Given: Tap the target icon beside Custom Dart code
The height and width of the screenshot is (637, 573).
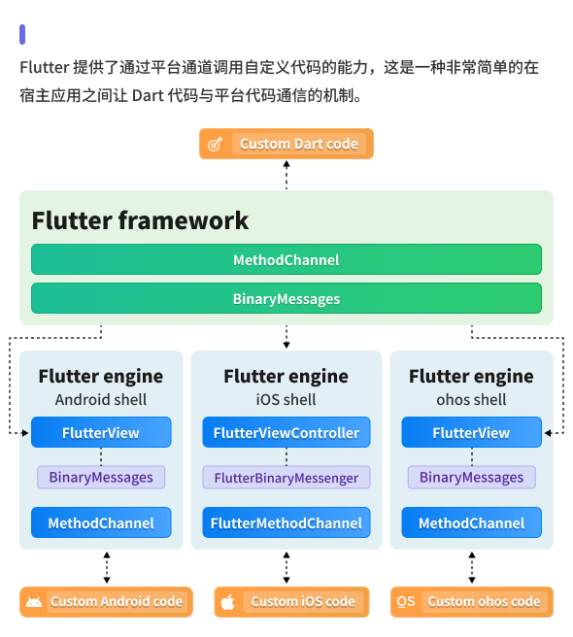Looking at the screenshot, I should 216,144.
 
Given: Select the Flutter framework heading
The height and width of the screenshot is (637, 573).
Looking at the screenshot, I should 140,220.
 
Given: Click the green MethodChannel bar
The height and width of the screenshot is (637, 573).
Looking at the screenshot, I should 286,260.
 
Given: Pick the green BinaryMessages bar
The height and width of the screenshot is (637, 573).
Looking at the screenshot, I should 286,299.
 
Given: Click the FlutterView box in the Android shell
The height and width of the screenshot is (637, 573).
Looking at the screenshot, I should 101,433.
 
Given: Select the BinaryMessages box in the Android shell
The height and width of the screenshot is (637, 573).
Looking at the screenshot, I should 101,478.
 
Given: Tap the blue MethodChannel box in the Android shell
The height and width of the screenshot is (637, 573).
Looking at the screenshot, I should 101,523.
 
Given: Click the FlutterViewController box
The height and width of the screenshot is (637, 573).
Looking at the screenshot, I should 286,433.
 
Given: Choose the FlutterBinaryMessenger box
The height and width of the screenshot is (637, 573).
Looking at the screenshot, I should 286,478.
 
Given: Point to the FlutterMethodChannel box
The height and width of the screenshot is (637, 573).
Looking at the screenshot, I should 286,523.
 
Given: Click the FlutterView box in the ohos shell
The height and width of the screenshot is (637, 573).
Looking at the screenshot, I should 471,433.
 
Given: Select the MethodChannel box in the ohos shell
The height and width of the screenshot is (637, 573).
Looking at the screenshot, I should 471,523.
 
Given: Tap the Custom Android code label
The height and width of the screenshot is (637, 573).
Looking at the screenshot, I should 117,602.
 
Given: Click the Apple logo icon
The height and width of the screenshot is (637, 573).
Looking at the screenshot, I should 227,602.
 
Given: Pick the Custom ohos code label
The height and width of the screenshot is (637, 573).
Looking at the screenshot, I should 484,602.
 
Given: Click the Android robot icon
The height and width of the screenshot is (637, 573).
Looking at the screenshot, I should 34,602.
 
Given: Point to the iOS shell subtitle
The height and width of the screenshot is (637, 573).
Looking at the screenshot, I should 286,399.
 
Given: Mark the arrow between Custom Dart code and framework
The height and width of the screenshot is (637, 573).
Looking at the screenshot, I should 286,175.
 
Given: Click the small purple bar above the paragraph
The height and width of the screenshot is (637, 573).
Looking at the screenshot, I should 22,34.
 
